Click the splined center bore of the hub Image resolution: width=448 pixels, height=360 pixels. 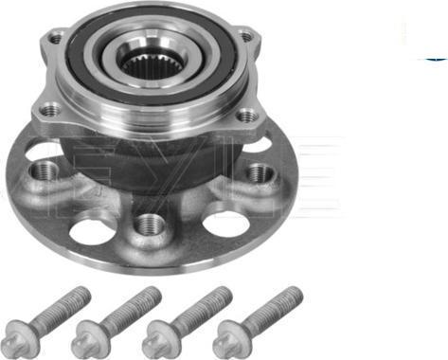click(x=147, y=63)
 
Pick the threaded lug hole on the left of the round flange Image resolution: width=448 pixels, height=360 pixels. click(x=44, y=173)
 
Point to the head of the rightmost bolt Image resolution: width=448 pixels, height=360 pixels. click(x=228, y=334)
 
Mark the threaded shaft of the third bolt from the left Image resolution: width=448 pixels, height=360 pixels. click(x=199, y=305)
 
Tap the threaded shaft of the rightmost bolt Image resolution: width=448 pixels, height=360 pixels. click(x=269, y=305)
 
